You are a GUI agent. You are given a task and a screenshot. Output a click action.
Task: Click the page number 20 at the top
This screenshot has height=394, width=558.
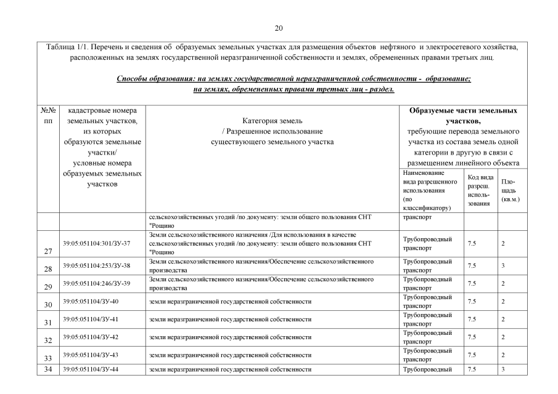coord(279,28)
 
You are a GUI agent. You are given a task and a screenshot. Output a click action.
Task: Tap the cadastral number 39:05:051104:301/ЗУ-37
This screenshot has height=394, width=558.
coord(97,244)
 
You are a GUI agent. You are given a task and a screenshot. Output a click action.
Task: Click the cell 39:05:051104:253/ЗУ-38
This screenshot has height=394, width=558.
coord(97,265)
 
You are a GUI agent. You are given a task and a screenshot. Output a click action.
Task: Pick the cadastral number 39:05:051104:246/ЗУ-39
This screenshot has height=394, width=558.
coord(97,283)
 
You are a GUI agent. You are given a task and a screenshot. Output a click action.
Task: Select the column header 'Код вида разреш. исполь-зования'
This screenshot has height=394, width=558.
coord(480,189)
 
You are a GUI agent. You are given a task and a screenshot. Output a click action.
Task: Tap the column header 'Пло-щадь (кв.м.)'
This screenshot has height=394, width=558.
coord(510,190)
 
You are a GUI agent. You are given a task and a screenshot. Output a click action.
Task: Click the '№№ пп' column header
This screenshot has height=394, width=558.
coord(49,116)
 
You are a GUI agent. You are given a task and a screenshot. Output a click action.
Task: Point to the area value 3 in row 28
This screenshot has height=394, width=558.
coord(503,265)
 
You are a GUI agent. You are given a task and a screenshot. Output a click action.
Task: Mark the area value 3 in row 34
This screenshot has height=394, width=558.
coord(503,369)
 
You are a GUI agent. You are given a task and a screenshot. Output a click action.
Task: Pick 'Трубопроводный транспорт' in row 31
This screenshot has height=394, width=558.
coord(427,319)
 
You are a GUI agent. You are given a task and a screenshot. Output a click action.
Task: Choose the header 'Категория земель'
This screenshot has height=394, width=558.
coord(272,121)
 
